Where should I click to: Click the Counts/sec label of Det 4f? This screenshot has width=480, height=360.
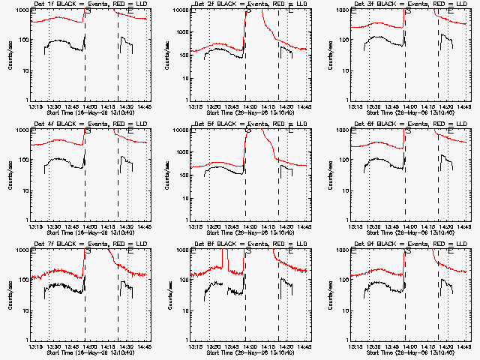click(10, 175)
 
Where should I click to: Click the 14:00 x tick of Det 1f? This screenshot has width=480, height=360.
click(89, 106)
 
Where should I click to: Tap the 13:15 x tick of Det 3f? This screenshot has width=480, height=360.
click(355, 106)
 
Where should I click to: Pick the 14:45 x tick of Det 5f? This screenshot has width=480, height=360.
click(304, 226)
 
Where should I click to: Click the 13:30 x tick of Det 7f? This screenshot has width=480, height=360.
click(52, 346)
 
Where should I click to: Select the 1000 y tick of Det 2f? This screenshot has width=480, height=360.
click(181, 10)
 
